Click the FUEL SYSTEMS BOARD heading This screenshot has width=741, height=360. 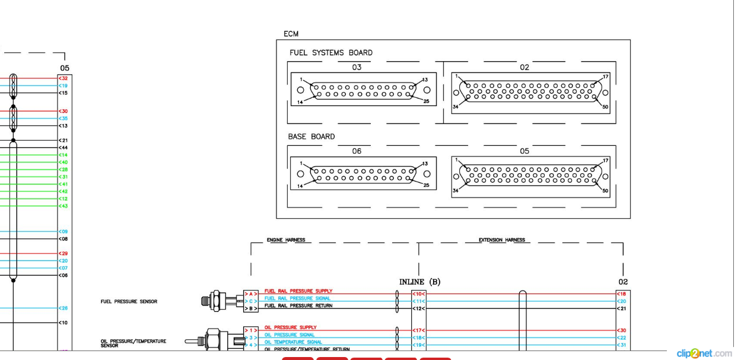(x=330, y=53)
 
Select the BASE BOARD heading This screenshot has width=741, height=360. (x=311, y=136)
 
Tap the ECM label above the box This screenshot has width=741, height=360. (x=291, y=34)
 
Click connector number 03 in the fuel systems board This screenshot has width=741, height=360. (x=357, y=67)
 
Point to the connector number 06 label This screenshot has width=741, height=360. (x=357, y=151)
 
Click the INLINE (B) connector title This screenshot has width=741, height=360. (x=419, y=282)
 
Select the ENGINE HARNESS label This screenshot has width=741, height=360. (x=286, y=240)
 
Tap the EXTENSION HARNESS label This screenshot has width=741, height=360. (x=502, y=240)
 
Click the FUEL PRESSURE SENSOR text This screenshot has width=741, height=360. (x=129, y=301)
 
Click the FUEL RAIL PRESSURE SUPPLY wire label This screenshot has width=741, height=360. (x=298, y=291)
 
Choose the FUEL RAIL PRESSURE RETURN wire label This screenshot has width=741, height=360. (x=298, y=306)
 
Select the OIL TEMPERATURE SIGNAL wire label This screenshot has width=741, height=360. (x=293, y=342)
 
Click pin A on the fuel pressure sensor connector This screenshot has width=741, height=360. (x=250, y=294)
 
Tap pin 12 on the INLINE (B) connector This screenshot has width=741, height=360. (x=418, y=308)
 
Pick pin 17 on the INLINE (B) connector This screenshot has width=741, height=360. (x=418, y=330)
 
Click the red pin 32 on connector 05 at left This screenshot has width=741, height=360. (x=63, y=78)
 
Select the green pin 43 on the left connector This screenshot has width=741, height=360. (x=63, y=206)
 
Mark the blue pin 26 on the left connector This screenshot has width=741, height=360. (x=63, y=308)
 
